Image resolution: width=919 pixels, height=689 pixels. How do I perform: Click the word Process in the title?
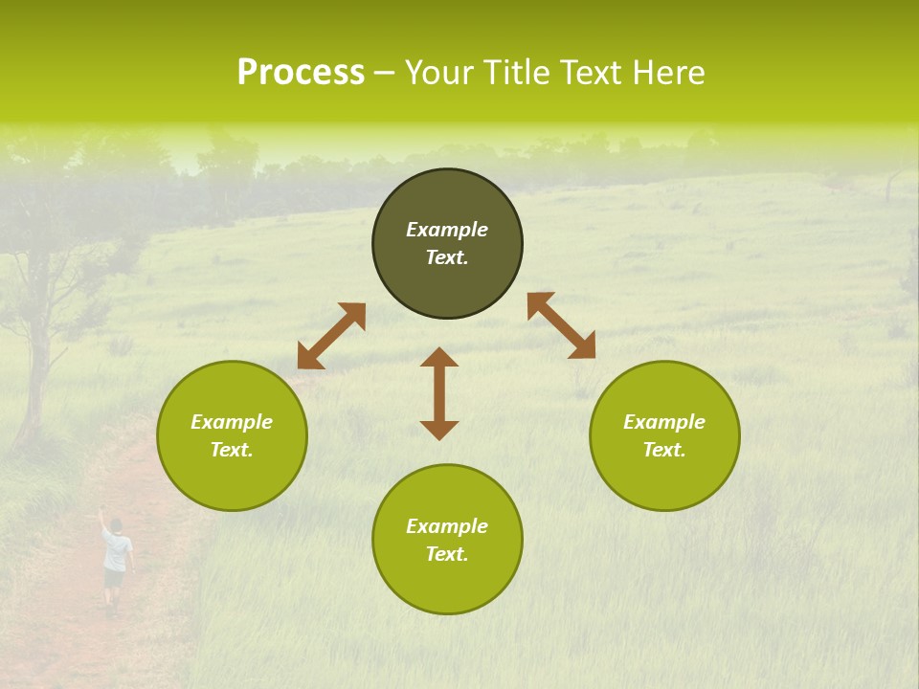(301, 73)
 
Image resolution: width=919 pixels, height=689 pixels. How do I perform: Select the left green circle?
(232, 478)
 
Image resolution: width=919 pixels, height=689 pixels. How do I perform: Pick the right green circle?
(664, 478)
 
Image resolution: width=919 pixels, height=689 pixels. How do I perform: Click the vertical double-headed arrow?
(439, 393)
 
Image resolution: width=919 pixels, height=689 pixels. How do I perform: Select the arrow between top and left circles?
(331, 336)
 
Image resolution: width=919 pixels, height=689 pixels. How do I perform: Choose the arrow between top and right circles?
(561, 325)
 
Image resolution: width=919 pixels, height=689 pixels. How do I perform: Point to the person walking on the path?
(115, 565)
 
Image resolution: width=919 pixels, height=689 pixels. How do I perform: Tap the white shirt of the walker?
(116, 551)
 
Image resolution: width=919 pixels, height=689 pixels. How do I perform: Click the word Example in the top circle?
(447, 230)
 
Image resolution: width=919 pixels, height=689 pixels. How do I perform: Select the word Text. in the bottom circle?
(447, 554)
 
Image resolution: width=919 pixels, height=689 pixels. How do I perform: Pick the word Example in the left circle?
(232, 422)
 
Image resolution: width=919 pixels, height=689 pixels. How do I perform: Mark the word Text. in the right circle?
(664, 450)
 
